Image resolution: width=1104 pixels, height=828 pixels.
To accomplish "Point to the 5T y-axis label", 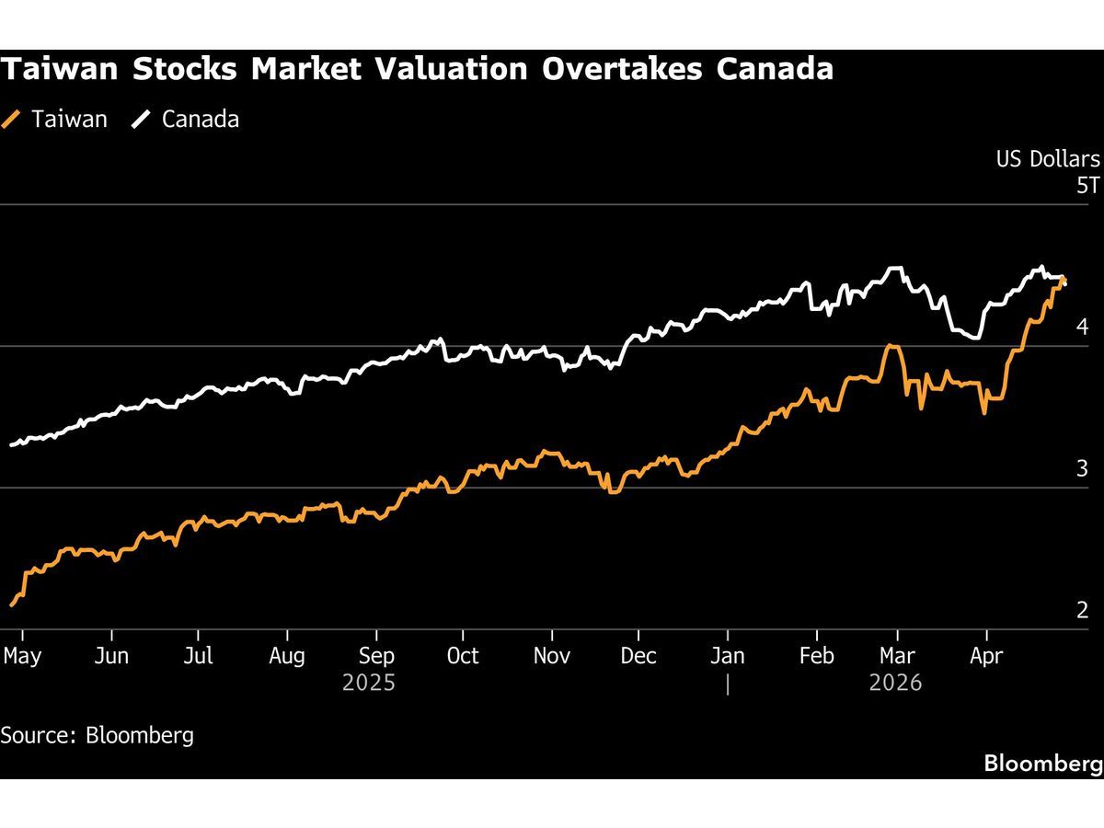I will point(1087,186).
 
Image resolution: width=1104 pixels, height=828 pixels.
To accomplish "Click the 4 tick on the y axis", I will point(1082,327).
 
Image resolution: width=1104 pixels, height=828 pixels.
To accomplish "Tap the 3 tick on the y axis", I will point(1082,468).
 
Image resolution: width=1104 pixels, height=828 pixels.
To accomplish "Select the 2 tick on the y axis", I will point(1082,610).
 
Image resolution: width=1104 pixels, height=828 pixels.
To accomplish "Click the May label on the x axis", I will point(22,656).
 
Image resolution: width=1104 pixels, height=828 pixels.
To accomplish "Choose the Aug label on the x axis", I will point(287,656).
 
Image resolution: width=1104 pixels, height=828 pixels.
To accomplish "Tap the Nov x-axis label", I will point(552,656).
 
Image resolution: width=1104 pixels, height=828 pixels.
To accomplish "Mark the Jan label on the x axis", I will point(728,656).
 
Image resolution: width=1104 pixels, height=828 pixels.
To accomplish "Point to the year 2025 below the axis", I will point(369,684).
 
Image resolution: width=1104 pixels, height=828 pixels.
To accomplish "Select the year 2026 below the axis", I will point(895,684).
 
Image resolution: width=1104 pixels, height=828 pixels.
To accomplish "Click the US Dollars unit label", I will point(1048,159).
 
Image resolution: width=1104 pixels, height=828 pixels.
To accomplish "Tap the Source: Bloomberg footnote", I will point(97,735).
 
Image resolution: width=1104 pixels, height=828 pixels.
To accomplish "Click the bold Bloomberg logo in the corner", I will point(1042,763).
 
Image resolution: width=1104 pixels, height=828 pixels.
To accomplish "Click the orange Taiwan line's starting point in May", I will point(11,605).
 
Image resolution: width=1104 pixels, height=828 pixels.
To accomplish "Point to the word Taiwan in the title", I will point(57,69).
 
